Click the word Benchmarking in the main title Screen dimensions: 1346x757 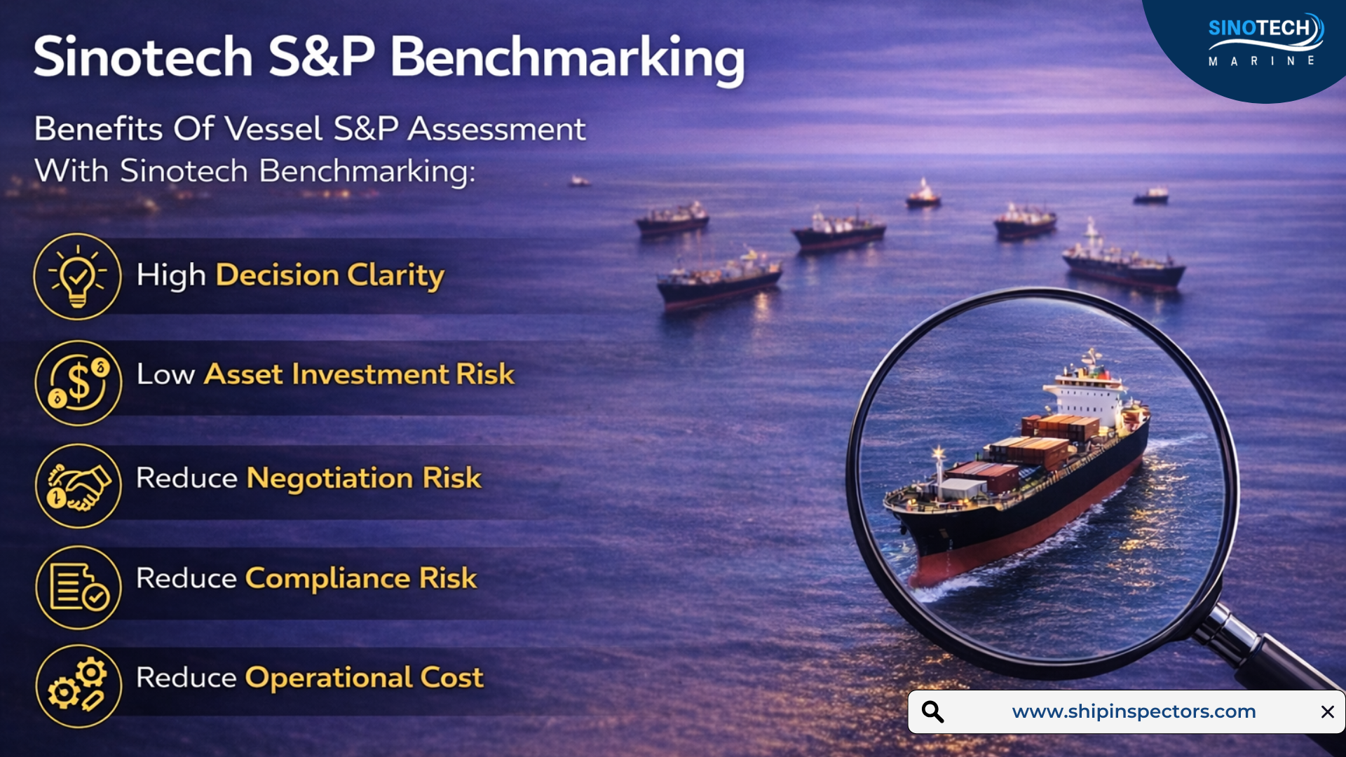tap(567, 59)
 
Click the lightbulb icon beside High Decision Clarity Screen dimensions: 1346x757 tap(78, 277)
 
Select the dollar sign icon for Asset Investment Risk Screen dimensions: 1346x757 tap(79, 383)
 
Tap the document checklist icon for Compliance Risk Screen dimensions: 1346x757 tap(79, 588)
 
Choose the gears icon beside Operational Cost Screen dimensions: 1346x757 tap(79, 687)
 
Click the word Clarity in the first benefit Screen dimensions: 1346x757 tap(396, 275)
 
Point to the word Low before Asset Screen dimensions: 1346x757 tap(165, 374)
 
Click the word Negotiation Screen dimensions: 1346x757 tap(330, 478)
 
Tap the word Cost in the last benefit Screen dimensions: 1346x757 tap(452, 678)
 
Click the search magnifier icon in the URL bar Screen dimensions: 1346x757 tap(932, 711)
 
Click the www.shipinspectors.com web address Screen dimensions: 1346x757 tap(1134, 711)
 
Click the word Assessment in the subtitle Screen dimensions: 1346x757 tap(496, 129)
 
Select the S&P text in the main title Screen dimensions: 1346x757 tap(322, 57)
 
